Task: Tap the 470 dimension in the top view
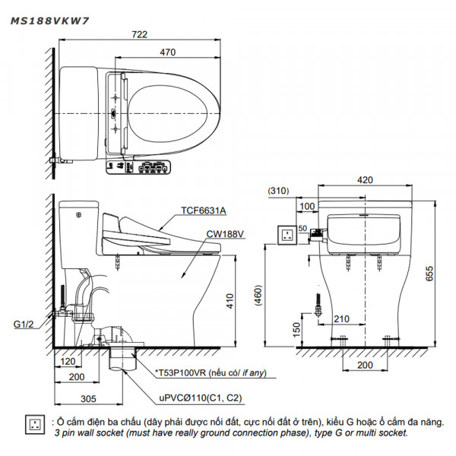[x=168, y=52]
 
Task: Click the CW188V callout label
[x=226, y=235]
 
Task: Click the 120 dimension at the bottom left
[x=68, y=363]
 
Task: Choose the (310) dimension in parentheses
[x=280, y=192]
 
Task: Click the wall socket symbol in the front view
[x=288, y=235]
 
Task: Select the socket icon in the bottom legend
[x=34, y=424]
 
